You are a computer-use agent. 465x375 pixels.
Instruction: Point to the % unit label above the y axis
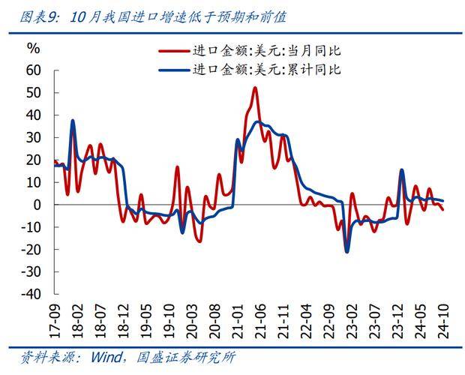[34, 47]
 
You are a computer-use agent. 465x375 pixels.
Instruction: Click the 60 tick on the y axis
[33, 70]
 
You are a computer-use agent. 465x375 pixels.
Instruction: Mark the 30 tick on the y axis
[33, 137]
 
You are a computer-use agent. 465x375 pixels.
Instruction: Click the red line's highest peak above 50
[255, 88]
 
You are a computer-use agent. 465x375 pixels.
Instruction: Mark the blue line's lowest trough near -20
[347, 251]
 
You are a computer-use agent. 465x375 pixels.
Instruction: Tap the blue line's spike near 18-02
[73, 120]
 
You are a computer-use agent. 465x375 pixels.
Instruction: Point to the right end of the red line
[442, 209]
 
